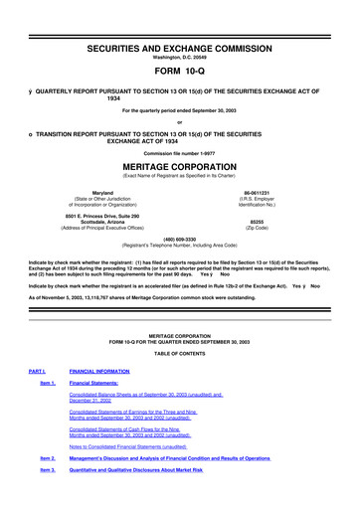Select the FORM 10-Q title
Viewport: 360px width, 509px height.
tap(180, 56)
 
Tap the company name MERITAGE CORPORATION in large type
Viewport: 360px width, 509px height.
tap(180, 166)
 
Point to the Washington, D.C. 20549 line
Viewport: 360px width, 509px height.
tap(180, 35)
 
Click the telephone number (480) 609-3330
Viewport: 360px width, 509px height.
tap(180, 239)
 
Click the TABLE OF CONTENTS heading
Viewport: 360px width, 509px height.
tap(180, 382)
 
